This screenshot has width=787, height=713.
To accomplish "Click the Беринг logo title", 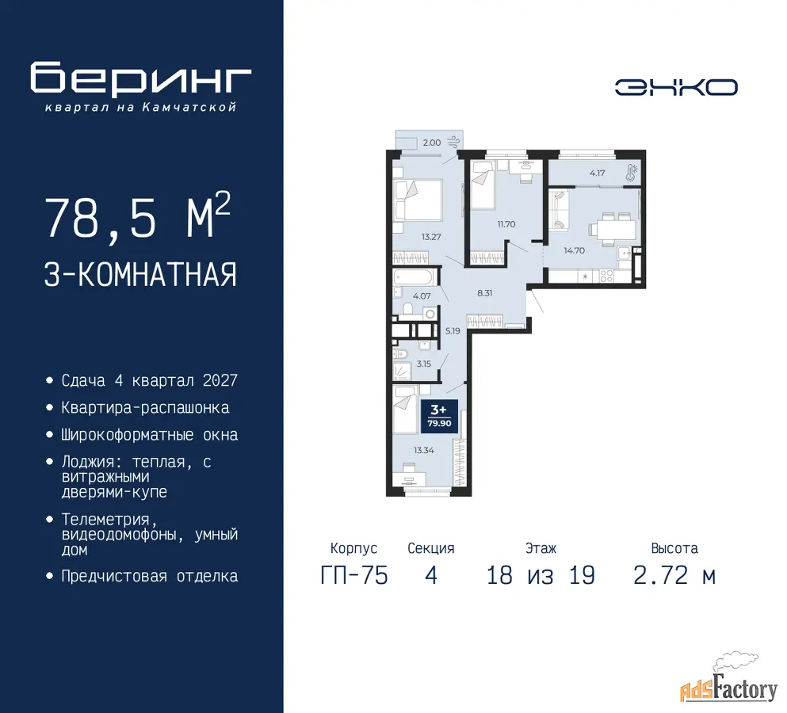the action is tap(140, 78).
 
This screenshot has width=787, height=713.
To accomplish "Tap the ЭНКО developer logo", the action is tap(676, 87).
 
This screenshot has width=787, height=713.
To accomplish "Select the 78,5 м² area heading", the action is tap(138, 218).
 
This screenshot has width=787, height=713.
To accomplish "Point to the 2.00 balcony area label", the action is tap(432, 143).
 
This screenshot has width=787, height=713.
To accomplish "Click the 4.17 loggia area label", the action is tap(598, 173).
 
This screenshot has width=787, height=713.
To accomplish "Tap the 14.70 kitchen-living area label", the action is tap(574, 250).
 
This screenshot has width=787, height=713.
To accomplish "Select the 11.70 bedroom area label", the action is tap(506, 224).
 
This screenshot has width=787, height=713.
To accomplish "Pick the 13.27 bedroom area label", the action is tap(431, 237).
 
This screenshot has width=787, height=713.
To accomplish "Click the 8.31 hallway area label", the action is tap(485, 293).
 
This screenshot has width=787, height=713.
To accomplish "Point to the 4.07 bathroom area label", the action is tap(422, 296).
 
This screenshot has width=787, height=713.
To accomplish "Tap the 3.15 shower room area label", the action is tap(423, 364).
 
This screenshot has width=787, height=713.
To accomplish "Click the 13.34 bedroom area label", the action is tap(423, 450).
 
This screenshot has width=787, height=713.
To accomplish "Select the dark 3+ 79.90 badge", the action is tap(439, 417).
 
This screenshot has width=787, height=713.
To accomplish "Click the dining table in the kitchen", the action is tap(613, 230).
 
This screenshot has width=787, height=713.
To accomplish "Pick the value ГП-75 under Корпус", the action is tap(354, 575).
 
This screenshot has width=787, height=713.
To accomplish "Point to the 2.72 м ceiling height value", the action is tap(674, 575).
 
